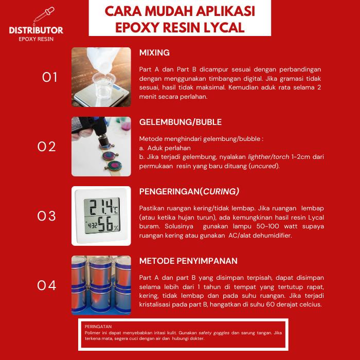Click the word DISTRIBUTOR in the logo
pyautogui.click(x=36, y=30)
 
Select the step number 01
pyautogui.click(x=50, y=77)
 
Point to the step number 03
pyautogui.click(x=47, y=216)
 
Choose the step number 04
pyautogui.click(x=47, y=285)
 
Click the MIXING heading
pyautogui.click(x=154, y=53)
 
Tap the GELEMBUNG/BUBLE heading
pyautogui.click(x=181, y=122)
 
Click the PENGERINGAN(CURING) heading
pyautogui.click(x=189, y=191)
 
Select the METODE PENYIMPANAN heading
pyautogui.click(x=188, y=261)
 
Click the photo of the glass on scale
pyautogui.click(x=101, y=77)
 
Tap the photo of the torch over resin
pyautogui.click(x=101, y=147)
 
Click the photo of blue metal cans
pyautogui.click(x=101, y=285)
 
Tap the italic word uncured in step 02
pyautogui.click(x=265, y=166)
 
